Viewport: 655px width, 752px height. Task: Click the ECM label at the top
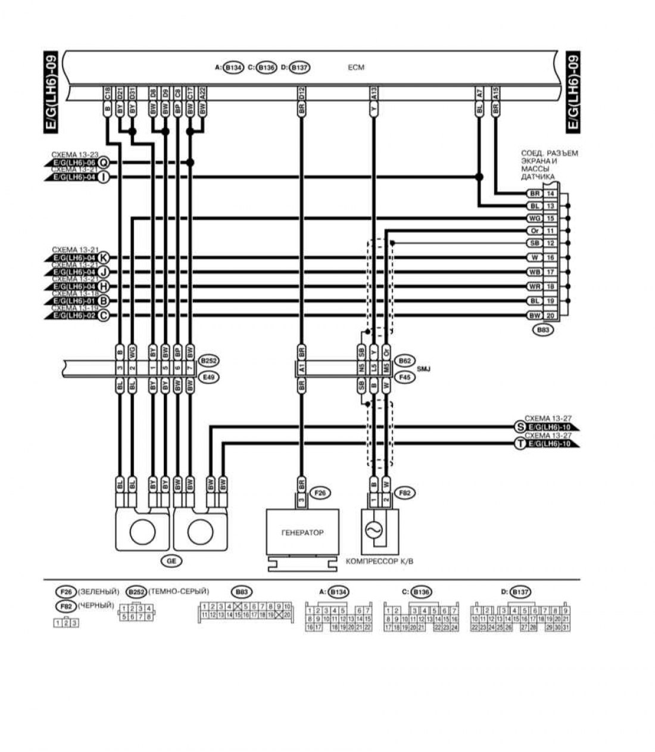point(355,68)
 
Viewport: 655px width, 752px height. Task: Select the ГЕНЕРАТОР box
point(302,532)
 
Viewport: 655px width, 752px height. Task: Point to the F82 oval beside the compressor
point(407,493)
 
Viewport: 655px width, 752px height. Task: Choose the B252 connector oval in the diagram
point(208,361)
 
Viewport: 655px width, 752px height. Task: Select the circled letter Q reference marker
point(104,163)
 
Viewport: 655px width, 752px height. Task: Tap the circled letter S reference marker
point(520,427)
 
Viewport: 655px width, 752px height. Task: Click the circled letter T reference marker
point(520,444)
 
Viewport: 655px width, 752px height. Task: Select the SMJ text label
point(423,369)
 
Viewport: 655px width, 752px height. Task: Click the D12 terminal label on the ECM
point(301,94)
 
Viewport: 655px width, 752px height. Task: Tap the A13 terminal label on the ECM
point(374,94)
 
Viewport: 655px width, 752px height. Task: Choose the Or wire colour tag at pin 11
point(534,231)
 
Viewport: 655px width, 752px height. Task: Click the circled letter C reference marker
point(104,315)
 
